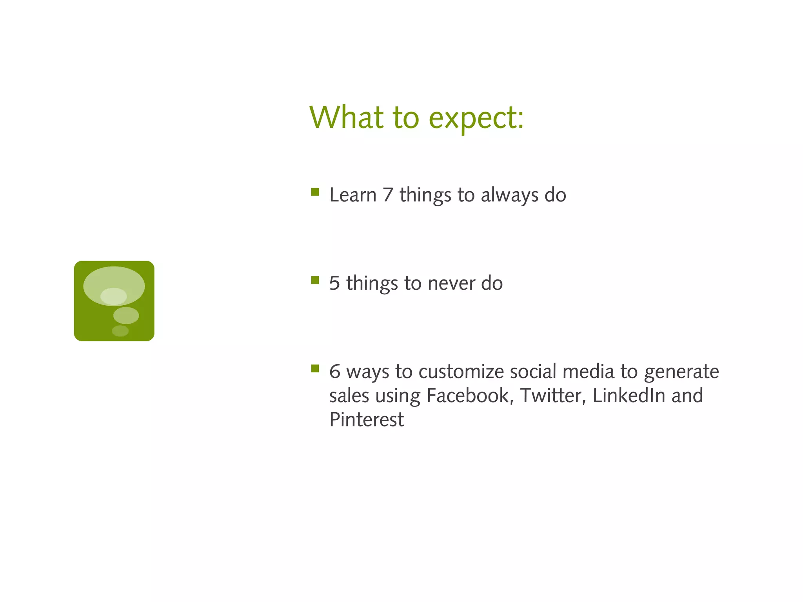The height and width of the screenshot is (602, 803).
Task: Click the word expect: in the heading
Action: (476, 119)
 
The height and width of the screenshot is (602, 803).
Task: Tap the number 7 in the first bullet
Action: (388, 195)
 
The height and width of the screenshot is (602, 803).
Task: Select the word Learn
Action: (353, 195)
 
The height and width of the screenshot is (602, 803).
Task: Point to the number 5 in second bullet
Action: (334, 283)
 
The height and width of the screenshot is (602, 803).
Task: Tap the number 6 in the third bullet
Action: (334, 372)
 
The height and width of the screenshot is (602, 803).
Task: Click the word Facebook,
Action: (470, 395)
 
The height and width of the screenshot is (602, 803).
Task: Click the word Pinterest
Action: (367, 420)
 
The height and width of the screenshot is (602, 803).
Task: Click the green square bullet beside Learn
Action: (315, 192)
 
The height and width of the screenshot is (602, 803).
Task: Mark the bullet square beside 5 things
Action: (315, 280)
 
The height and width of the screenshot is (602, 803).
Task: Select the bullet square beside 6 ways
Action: (315, 368)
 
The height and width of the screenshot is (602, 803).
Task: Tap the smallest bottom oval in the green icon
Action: (120, 331)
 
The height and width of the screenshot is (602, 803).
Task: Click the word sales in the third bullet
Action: (349, 395)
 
